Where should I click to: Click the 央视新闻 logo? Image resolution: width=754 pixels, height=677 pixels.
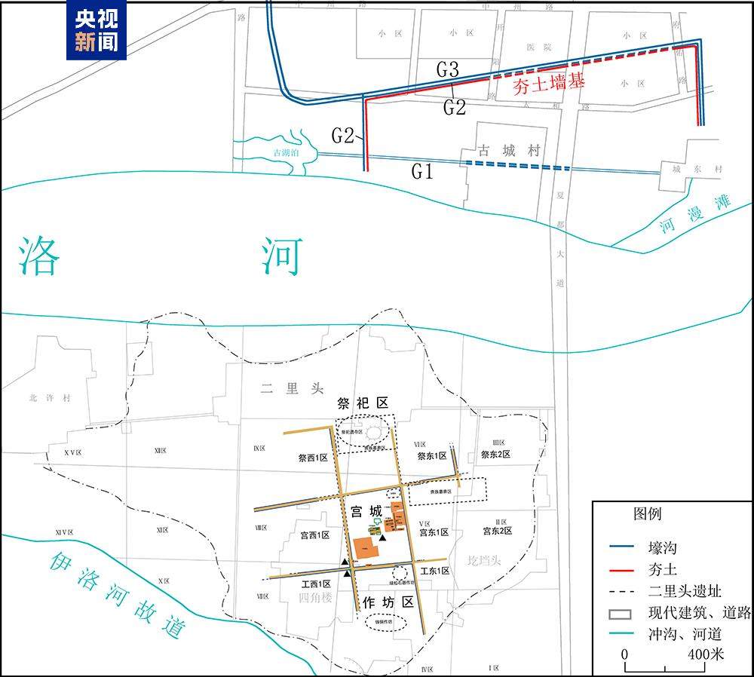click(97, 30)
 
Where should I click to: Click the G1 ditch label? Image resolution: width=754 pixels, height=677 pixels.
click(422, 172)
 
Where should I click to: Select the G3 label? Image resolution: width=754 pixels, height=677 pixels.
click(448, 70)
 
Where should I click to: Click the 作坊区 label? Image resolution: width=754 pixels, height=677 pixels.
click(388, 602)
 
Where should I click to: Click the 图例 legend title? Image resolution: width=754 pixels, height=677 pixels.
click(646, 514)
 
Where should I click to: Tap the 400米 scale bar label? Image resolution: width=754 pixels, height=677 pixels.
click(706, 653)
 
